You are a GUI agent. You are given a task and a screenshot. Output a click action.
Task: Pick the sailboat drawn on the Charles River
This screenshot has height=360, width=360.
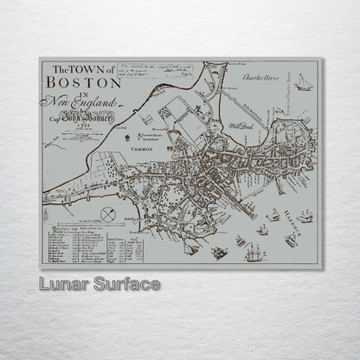(303, 82)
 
